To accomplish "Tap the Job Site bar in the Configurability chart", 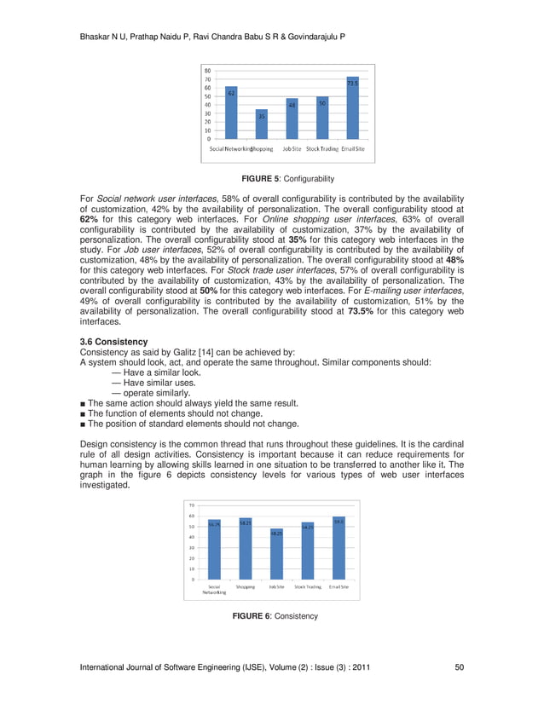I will pos(292,118).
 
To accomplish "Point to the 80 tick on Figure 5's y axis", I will pos(207,71).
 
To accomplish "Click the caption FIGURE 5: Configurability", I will pos(287,179).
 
